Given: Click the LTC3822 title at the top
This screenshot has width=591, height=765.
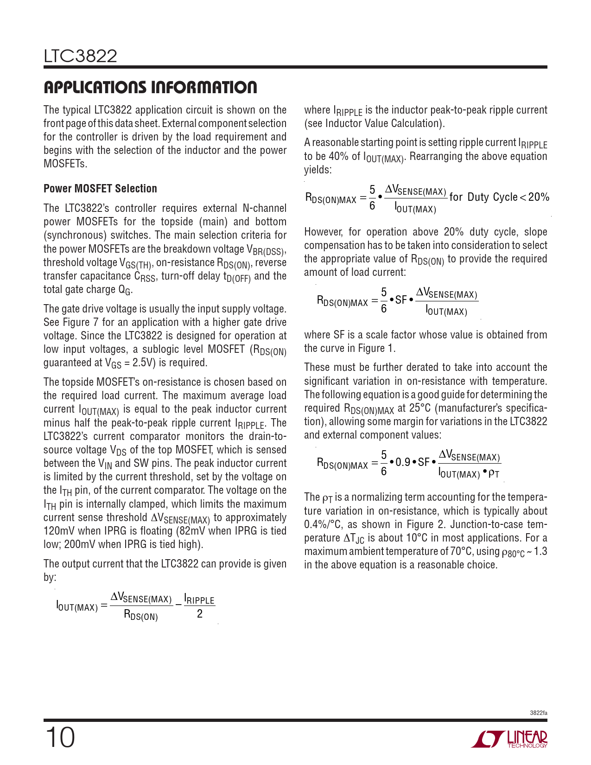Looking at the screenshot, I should coord(80,56).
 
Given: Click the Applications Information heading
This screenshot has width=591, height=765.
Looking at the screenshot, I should coord(150,87).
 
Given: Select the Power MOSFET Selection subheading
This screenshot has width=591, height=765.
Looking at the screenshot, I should coord(100,189).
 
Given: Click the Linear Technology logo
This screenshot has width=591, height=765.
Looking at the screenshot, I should coord(509,739).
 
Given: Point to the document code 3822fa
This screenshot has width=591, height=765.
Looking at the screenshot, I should coord(538,713).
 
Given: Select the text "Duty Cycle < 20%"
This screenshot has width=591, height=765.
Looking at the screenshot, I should coord(508,197).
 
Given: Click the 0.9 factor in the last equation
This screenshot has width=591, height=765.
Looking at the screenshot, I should coord(402,462).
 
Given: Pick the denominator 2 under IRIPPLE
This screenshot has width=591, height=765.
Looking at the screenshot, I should coord(199,614).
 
